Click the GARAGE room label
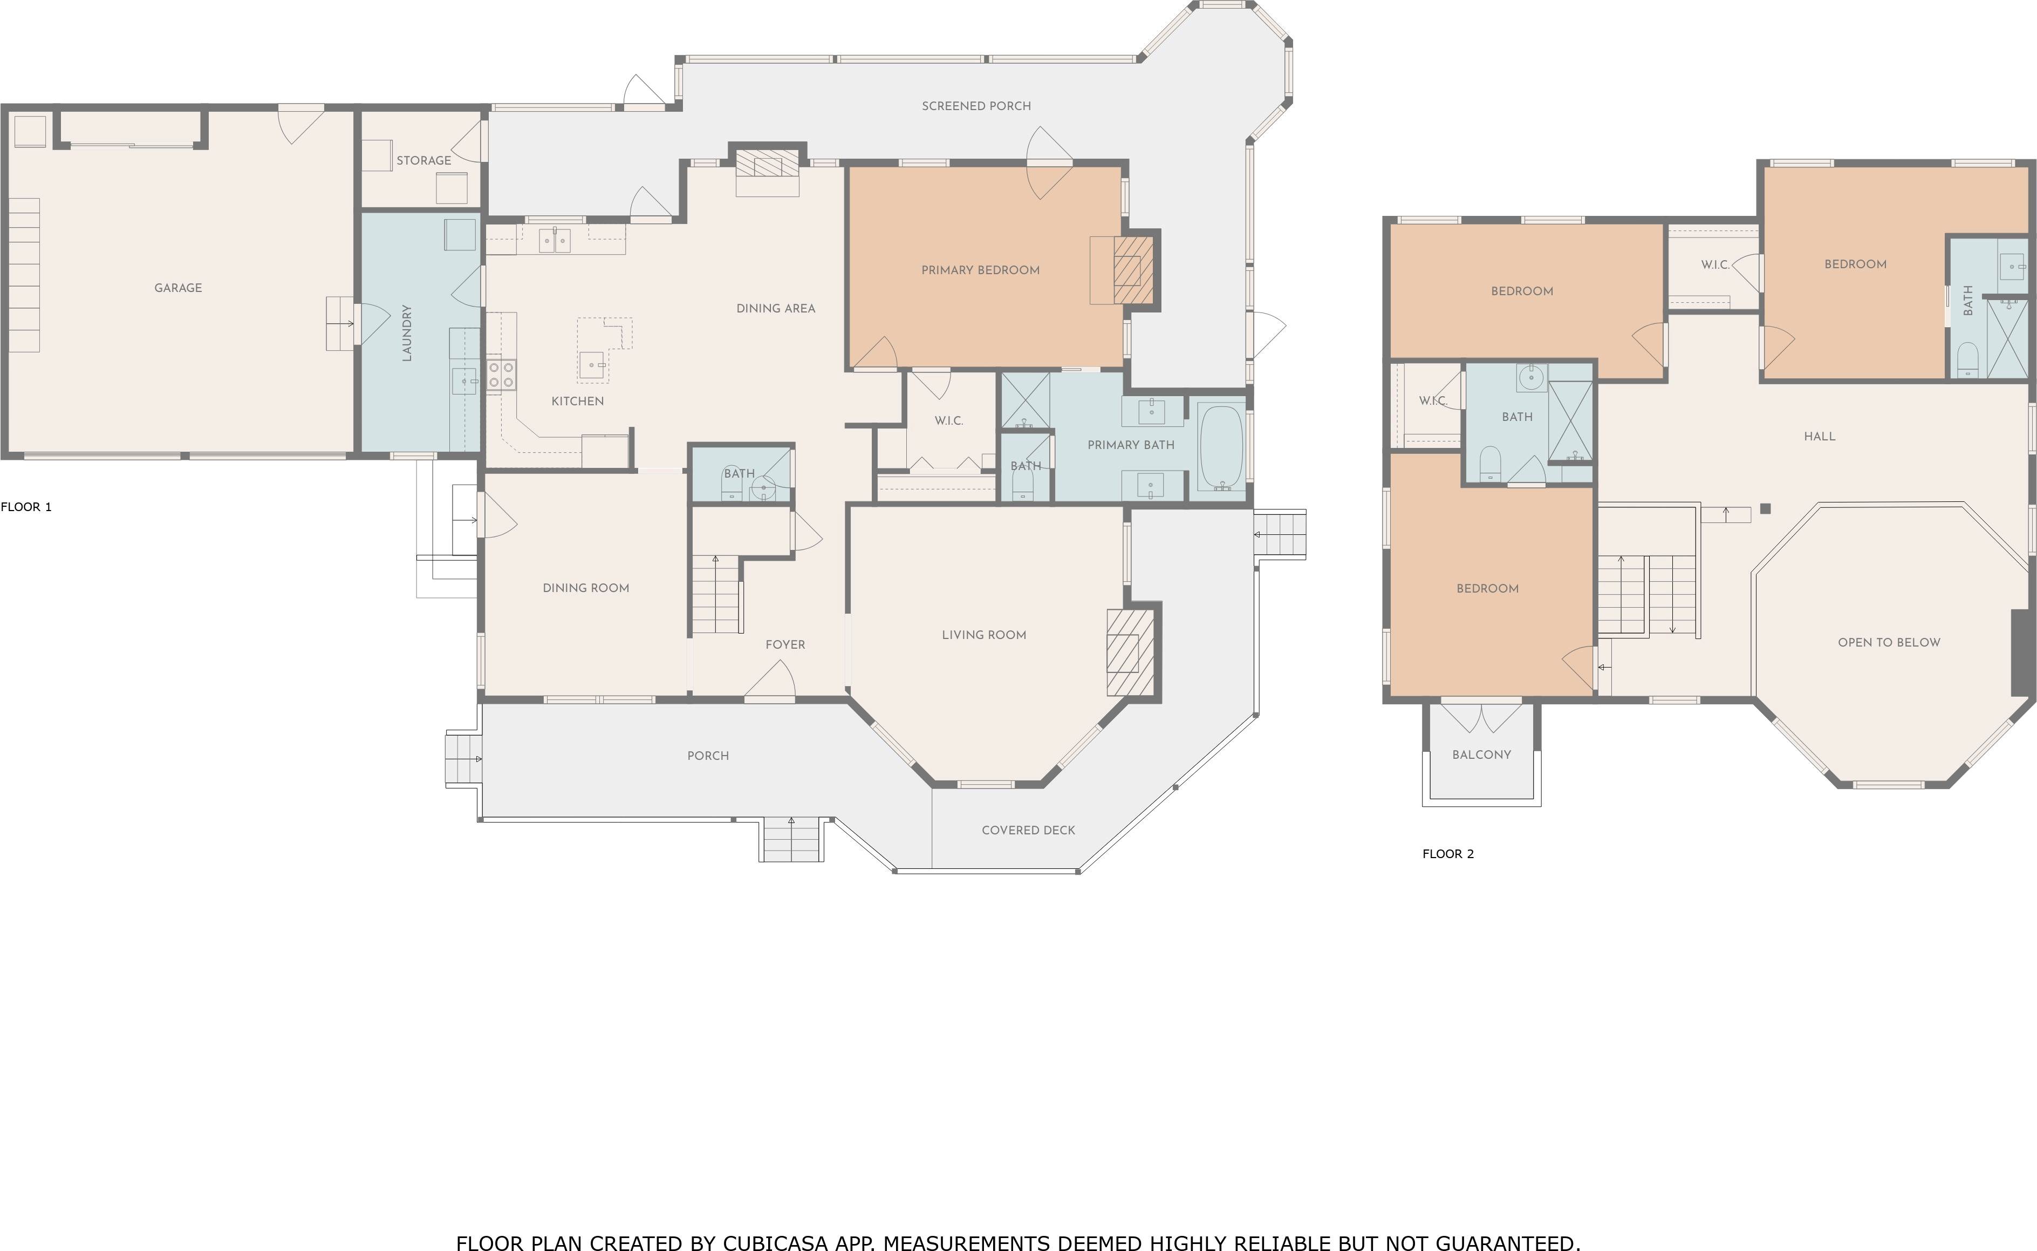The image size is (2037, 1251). tap(178, 288)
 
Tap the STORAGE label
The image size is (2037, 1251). tap(423, 160)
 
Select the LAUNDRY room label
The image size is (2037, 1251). tap(407, 332)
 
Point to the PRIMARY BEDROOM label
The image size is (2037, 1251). tap(980, 270)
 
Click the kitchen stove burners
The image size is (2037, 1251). tap(501, 374)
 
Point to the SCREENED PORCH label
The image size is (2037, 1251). tap(976, 106)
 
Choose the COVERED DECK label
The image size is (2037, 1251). tap(1028, 830)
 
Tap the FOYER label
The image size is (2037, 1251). tap(785, 644)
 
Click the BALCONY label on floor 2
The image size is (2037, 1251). tap(1481, 754)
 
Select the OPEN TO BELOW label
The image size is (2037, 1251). tap(1889, 642)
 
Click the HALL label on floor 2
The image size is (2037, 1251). tap(1820, 436)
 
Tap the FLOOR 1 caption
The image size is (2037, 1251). tap(26, 507)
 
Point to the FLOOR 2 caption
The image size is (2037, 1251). tap(1448, 854)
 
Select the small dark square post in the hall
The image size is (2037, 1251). tap(1766, 509)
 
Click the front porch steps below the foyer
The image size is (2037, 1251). tap(791, 839)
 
